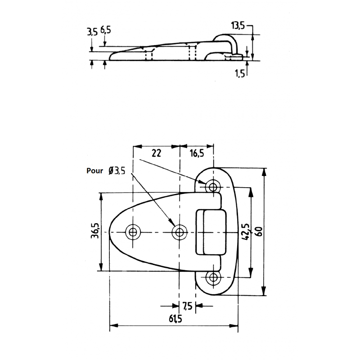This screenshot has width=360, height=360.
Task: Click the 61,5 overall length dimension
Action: coord(175,319)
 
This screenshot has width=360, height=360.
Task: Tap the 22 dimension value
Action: coord(156,153)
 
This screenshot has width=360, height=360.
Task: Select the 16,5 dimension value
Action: coord(197,153)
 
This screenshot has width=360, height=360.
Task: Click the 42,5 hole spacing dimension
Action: coord(245,232)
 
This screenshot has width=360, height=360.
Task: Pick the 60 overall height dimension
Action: coord(259,232)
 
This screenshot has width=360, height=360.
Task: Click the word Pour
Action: coord(94,171)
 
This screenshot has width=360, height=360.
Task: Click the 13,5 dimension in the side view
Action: coord(238,26)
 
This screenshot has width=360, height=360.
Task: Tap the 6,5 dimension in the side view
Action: coord(106,31)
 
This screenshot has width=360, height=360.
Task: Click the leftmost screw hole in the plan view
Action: coord(133,232)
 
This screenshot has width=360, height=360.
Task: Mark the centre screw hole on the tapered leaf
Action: coord(180,232)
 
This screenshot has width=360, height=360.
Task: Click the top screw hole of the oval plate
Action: coord(212,186)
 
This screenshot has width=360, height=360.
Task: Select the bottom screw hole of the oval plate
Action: coord(212,277)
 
